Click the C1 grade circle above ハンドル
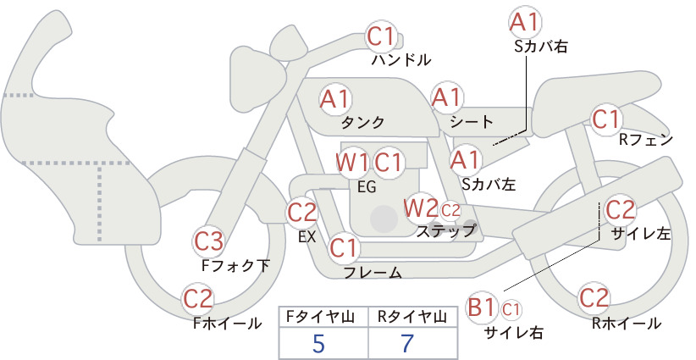(x=380, y=36)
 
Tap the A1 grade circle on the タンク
(x=335, y=99)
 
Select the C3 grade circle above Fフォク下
(x=208, y=241)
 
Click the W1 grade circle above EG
(x=351, y=163)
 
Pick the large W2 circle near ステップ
(x=419, y=208)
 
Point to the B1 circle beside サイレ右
(x=481, y=307)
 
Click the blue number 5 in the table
(x=318, y=343)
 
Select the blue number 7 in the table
(x=407, y=343)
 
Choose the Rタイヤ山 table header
(x=412, y=317)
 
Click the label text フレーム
(x=373, y=273)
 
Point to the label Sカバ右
(x=541, y=47)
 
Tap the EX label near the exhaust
(x=307, y=237)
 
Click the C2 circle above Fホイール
(x=198, y=299)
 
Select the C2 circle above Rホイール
(x=594, y=298)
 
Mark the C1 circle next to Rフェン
(x=606, y=119)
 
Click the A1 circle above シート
(x=447, y=97)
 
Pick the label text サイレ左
(x=640, y=233)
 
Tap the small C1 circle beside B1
(x=511, y=309)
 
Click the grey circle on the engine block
(x=384, y=219)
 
